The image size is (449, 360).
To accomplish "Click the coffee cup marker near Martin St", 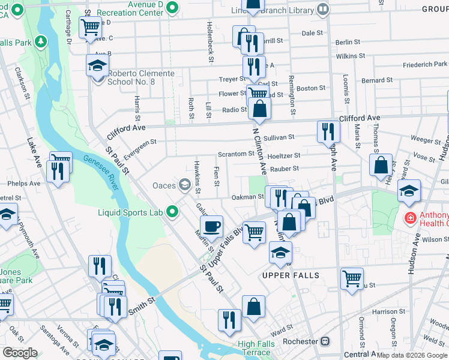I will (x=211, y=227).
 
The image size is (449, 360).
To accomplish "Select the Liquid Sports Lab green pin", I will (x=173, y=211).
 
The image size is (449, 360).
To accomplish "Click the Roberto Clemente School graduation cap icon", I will (x=97, y=66).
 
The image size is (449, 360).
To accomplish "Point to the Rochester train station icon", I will (x=325, y=341).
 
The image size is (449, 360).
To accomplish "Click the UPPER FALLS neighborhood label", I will (x=291, y=275).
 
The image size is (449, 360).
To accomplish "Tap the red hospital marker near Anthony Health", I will (x=411, y=218).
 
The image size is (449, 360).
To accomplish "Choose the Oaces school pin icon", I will (x=184, y=185).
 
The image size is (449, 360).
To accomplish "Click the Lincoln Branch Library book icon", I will (x=323, y=9).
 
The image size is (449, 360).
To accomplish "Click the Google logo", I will (x=20, y=353).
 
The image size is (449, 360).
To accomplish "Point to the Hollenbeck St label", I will (x=210, y=42).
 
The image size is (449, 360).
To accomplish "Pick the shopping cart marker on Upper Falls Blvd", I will (x=255, y=231).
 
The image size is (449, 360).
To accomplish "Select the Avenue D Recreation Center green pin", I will (x=173, y=7).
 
